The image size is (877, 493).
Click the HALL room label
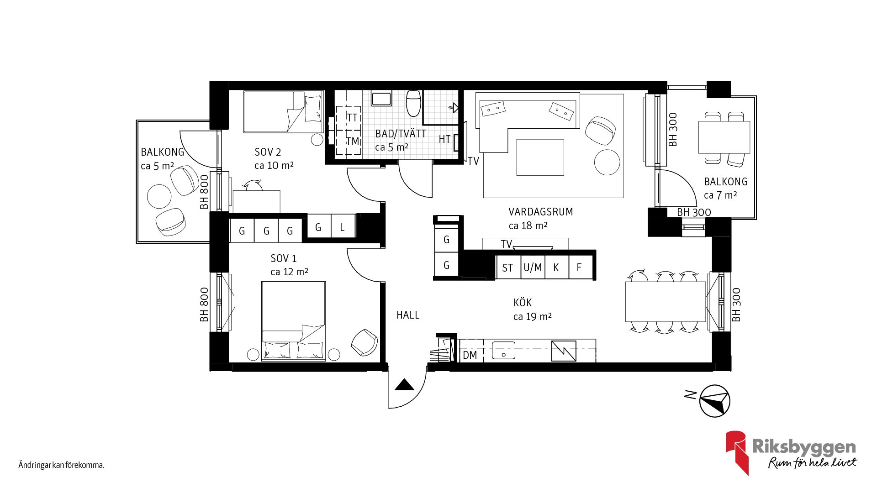(x=407, y=315)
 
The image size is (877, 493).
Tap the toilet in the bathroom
(x=413, y=103)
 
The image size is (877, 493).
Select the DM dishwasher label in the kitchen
(x=470, y=355)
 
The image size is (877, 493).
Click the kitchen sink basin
(x=503, y=351)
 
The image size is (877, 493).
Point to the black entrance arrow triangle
(x=404, y=385)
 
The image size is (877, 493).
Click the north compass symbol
(x=715, y=401)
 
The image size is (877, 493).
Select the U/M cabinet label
(x=533, y=267)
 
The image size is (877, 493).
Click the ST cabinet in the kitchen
(x=507, y=268)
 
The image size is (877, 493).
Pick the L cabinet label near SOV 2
(x=342, y=227)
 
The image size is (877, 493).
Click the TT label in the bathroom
(x=351, y=118)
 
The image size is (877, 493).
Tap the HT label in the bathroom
(x=444, y=139)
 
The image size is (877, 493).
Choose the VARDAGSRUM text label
(x=540, y=212)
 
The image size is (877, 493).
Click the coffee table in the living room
(x=540, y=157)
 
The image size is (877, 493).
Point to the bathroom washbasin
(x=381, y=99)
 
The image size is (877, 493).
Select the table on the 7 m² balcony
(x=724, y=137)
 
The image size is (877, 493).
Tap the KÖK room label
(x=522, y=303)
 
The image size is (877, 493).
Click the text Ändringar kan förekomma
(x=61, y=465)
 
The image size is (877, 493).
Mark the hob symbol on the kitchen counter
(x=563, y=351)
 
